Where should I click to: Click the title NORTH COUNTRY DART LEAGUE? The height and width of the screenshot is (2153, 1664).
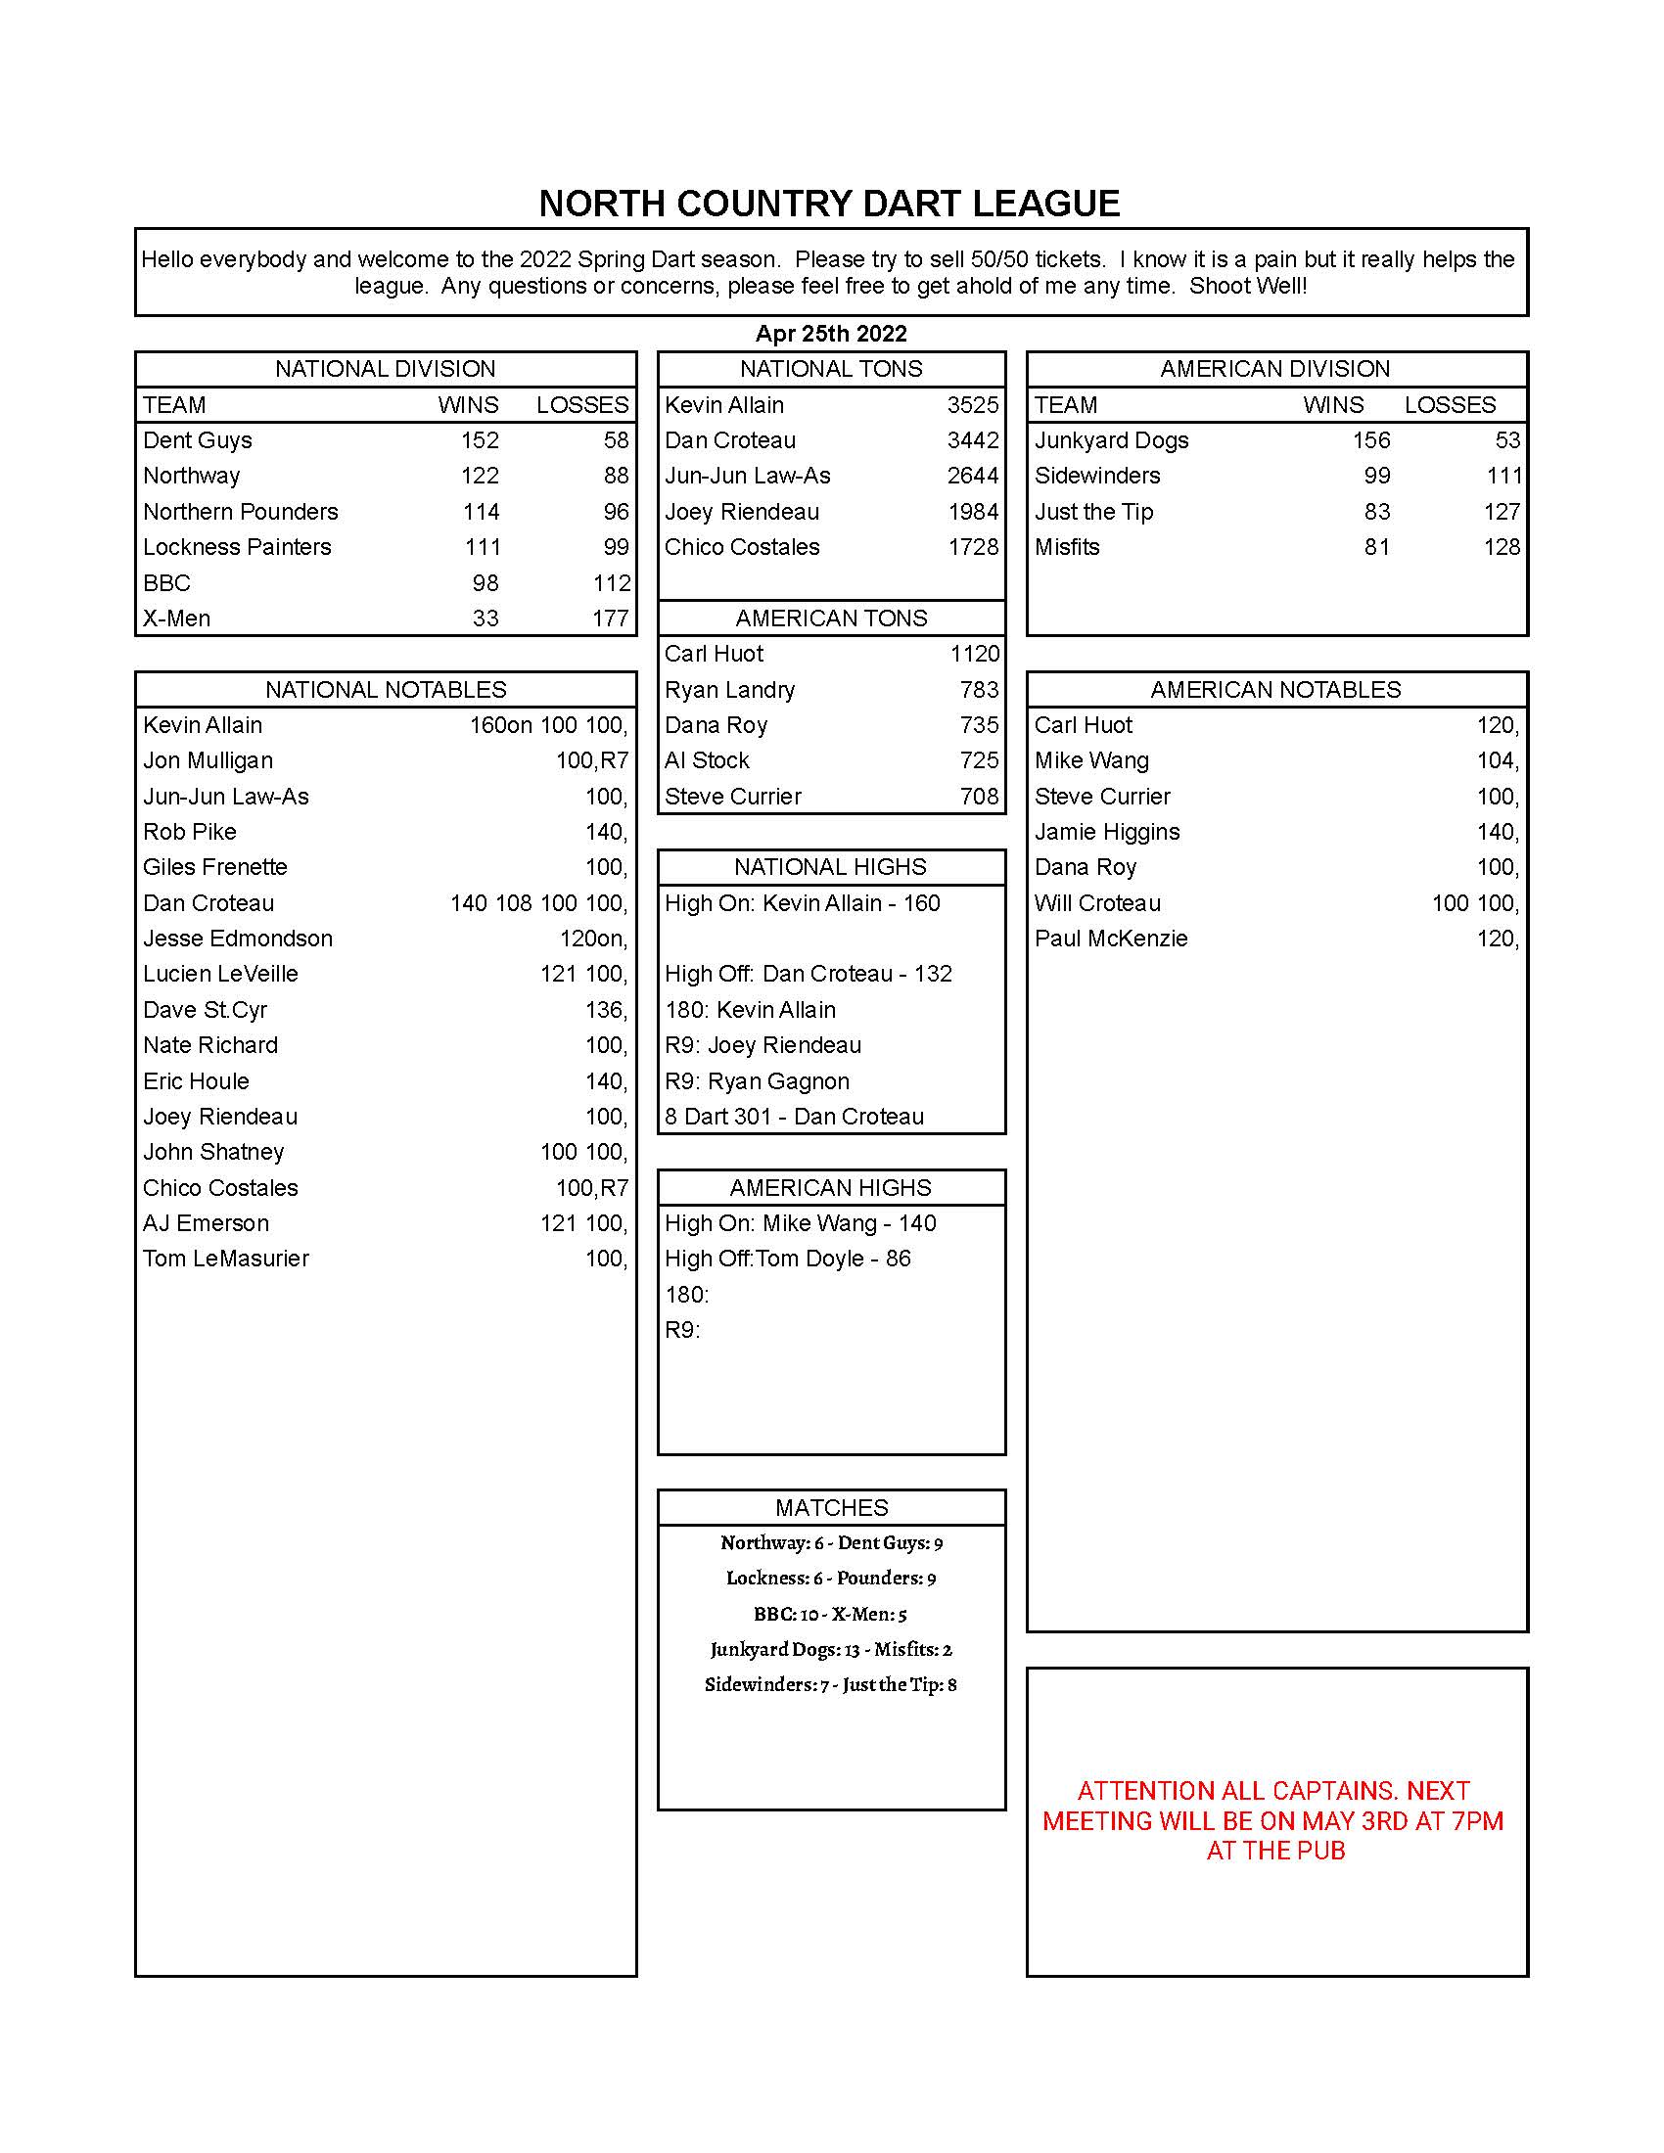coord(829,205)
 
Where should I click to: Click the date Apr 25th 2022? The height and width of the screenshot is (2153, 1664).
coord(831,333)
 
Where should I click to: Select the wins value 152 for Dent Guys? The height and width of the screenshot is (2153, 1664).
coord(480,440)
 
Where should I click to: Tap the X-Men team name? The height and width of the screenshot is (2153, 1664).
coord(176,618)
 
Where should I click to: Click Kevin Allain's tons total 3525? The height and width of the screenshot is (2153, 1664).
coord(972,405)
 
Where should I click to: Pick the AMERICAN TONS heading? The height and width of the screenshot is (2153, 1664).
coord(831,618)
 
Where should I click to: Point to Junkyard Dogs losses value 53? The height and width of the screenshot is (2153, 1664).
coord(1507,440)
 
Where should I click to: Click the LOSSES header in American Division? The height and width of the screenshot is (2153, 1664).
coord(1449,405)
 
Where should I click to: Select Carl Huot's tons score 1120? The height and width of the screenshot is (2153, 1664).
coord(974,654)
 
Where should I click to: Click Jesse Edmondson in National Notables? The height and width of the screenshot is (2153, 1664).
coord(238,939)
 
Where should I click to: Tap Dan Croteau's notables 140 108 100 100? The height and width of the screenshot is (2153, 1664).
coord(538,903)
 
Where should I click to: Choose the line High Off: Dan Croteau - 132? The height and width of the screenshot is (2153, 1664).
coord(809,974)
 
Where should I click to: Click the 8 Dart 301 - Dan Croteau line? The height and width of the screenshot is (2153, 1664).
coord(795,1116)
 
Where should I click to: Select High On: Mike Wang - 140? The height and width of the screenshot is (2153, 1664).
coord(801,1223)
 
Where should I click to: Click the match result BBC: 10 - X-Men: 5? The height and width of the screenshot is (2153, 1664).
coord(830,1614)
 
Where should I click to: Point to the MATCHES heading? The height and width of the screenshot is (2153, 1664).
coord(831,1507)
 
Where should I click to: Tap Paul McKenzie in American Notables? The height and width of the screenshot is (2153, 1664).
coord(1111,939)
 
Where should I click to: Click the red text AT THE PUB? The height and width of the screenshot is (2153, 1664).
coord(1275,1851)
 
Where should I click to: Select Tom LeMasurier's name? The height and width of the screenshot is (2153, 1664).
coord(226,1259)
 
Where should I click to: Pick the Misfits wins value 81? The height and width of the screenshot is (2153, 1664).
coord(1376,547)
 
